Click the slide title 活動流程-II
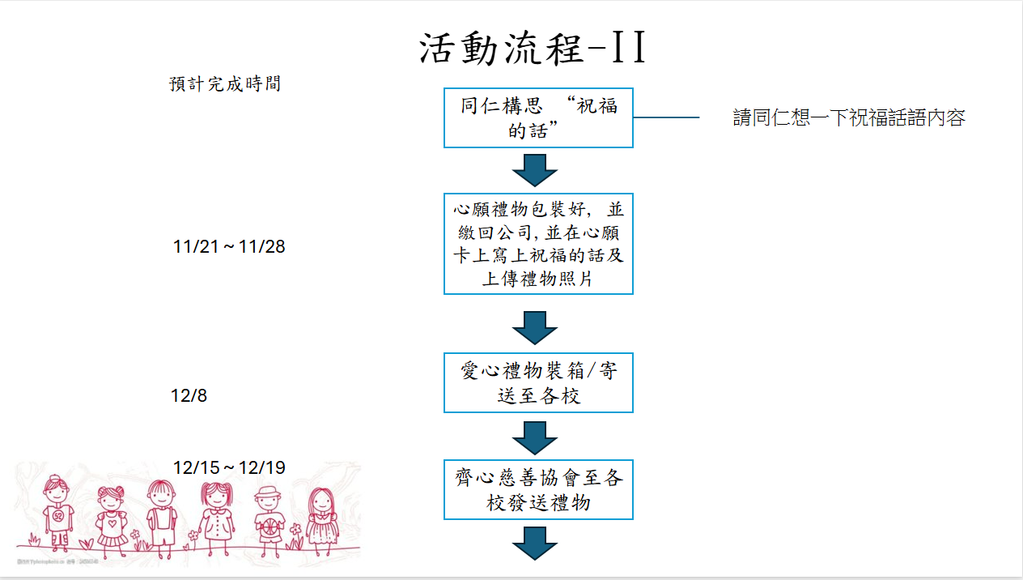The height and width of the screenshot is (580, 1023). click(534, 49)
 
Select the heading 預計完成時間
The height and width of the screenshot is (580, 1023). click(225, 84)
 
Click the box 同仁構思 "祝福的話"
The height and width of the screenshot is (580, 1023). click(538, 118)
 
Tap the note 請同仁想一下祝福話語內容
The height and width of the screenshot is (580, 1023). click(849, 118)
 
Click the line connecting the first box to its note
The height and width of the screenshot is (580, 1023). click(665, 118)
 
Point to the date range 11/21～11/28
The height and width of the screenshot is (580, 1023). click(229, 247)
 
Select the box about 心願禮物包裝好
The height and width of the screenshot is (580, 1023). click(538, 244)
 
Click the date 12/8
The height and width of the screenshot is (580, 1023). click(189, 396)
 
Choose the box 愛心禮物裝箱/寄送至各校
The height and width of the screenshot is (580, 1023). click(538, 383)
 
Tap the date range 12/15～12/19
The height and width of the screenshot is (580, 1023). click(229, 468)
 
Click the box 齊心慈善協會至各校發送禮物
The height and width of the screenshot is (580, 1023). click(538, 490)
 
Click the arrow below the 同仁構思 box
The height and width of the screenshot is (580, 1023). click(535, 170)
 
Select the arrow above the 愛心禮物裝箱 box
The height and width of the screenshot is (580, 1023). click(535, 327)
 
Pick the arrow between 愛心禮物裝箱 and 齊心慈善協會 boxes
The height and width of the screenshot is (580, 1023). click(535, 437)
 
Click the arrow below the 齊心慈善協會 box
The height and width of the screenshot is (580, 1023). click(535, 543)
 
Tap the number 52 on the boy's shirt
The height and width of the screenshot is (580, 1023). click(58, 515)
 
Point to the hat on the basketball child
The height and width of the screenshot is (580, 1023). click(267, 493)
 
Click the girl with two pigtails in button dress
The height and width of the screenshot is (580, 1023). click(217, 514)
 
